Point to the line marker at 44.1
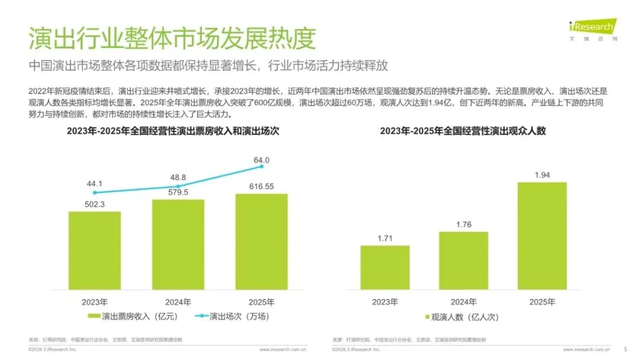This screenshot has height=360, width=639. pyautogui.click(x=95, y=192)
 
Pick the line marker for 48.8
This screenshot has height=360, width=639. pyautogui.click(x=178, y=187)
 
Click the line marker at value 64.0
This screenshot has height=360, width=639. pyautogui.click(x=262, y=168)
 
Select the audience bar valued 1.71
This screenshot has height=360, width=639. pyautogui.click(x=385, y=267)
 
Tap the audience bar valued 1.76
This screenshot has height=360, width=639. pyautogui.click(x=463, y=261)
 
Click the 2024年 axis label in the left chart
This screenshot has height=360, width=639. pyautogui.click(x=178, y=302)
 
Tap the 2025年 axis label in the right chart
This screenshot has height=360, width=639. pyautogui.click(x=542, y=302)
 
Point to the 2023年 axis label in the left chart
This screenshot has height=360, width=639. pyautogui.click(x=95, y=302)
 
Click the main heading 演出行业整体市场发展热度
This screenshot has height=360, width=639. pyautogui.click(x=172, y=38)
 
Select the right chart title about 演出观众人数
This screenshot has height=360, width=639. pyautogui.click(x=463, y=131)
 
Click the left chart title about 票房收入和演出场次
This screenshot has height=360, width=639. pyautogui.click(x=173, y=131)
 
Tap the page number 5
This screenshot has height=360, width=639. pyautogui.click(x=625, y=349)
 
